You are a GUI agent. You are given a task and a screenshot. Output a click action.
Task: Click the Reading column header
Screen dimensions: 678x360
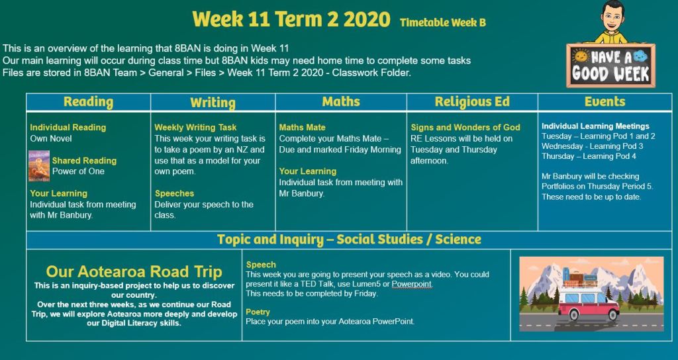88,102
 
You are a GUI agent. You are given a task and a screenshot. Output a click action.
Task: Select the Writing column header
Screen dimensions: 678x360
213,103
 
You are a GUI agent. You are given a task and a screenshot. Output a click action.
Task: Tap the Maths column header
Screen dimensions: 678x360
341,101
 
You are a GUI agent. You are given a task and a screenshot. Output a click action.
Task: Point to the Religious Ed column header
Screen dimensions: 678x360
472,102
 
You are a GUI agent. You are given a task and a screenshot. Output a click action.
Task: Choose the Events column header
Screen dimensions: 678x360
605,101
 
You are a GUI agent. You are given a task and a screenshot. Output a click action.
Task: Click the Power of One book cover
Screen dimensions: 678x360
39,166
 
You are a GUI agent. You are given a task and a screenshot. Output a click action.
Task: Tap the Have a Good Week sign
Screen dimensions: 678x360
610,66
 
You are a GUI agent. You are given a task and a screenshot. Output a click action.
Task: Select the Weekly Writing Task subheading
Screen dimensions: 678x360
195,128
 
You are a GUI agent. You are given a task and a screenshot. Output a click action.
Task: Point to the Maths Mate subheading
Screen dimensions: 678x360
302,128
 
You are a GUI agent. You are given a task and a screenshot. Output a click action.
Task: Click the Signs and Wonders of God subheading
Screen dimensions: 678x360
465,128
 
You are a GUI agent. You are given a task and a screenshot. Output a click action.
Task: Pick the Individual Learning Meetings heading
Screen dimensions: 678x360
595,126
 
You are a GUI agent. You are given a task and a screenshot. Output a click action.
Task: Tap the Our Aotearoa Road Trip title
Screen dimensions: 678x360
134,272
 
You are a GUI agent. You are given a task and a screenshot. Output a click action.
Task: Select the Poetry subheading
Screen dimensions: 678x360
258,312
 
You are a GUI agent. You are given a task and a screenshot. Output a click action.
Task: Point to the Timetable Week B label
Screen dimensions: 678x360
443,22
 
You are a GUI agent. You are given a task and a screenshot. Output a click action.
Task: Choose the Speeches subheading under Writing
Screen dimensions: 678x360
175,194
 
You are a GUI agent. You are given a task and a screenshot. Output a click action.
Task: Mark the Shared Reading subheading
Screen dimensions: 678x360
84,161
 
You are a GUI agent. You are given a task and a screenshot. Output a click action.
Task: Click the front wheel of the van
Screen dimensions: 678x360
612,314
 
